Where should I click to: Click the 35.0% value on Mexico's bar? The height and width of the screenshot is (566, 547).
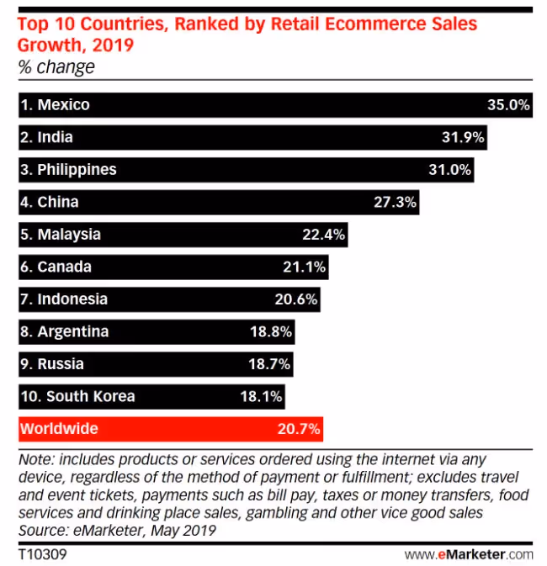[507, 105]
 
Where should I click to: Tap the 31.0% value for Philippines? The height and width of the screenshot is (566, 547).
[449, 170]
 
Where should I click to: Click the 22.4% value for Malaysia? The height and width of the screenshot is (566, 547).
[323, 235]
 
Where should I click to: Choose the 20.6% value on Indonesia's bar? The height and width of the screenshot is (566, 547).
[296, 299]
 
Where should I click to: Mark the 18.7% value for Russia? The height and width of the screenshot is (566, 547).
[270, 364]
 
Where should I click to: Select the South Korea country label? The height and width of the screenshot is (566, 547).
[77, 396]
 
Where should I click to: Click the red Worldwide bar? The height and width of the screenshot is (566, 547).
[168, 429]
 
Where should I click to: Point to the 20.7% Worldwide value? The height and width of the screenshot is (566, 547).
[299, 429]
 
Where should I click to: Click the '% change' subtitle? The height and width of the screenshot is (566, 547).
[56, 67]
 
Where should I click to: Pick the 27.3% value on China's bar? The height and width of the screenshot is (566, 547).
[395, 202]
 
